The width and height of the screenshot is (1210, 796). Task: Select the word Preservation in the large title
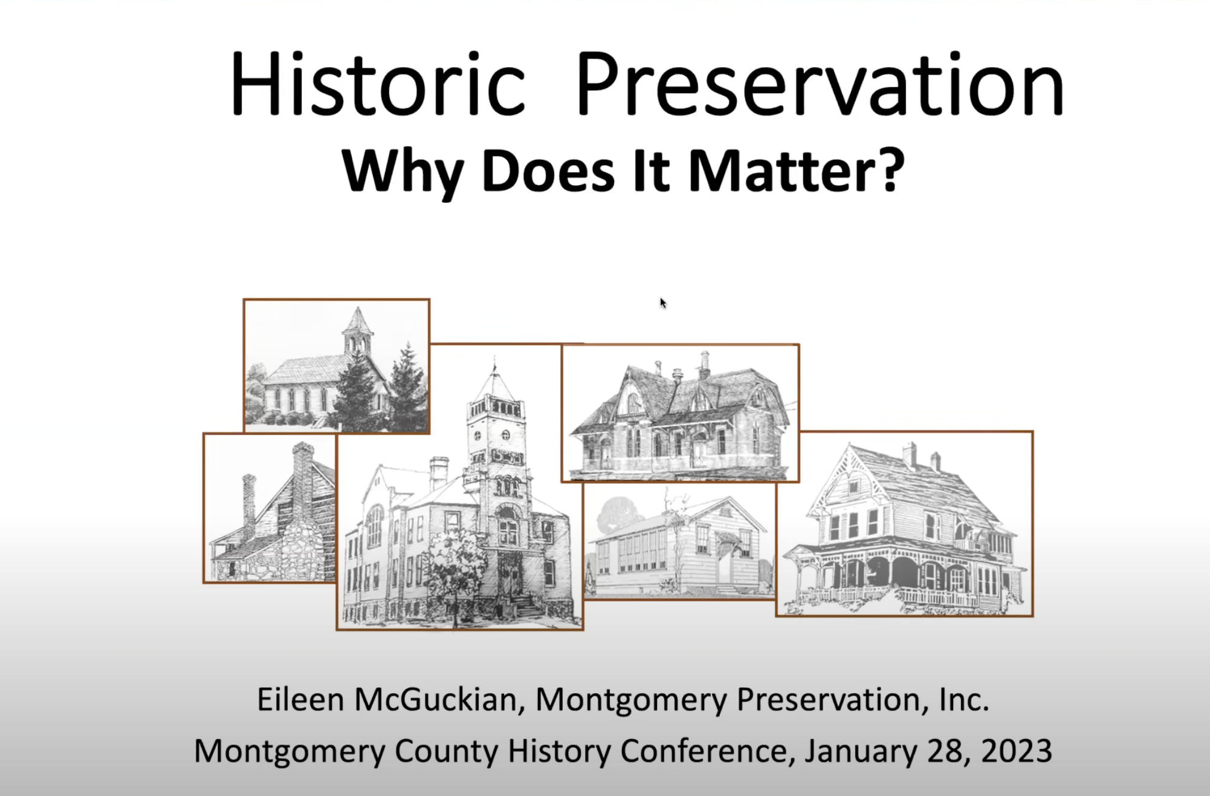[820, 85]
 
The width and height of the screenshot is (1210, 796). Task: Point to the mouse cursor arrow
[663, 303]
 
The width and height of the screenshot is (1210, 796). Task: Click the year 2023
[1017, 751]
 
